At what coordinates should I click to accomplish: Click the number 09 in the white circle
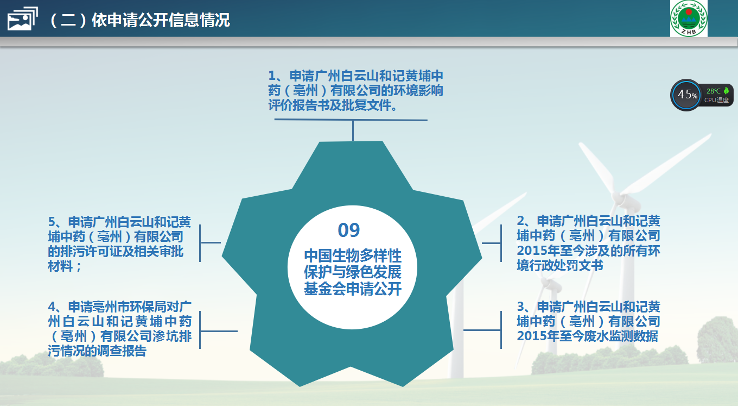tap(348, 230)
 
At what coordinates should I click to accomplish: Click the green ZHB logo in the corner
tap(689, 18)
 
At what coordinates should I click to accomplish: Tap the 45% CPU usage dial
tap(686, 95)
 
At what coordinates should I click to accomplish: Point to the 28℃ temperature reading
tap(713, 91)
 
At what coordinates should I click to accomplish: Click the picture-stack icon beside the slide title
tap(22, 19)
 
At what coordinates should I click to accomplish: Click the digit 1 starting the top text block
tap(272, 76)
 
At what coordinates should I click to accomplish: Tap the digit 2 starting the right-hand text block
tap(520, 221)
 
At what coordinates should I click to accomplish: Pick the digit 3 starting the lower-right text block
tap(520, 307)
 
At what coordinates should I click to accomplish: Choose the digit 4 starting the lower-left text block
tap(52, 307)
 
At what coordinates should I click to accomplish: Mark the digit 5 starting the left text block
tap(52, 222)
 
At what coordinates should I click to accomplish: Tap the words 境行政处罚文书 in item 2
tap(560, 265)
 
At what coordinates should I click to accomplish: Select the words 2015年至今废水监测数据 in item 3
tap(588, 336)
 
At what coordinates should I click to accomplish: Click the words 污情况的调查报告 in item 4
tap(97, 351)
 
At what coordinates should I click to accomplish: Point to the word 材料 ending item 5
tap(60, 266)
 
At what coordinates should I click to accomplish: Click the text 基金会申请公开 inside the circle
tap(353, 289)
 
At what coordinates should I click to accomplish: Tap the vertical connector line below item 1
tap(353, 130)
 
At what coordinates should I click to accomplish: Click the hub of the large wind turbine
tap(619, 198)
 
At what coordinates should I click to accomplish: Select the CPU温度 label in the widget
tap(716, 100)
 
